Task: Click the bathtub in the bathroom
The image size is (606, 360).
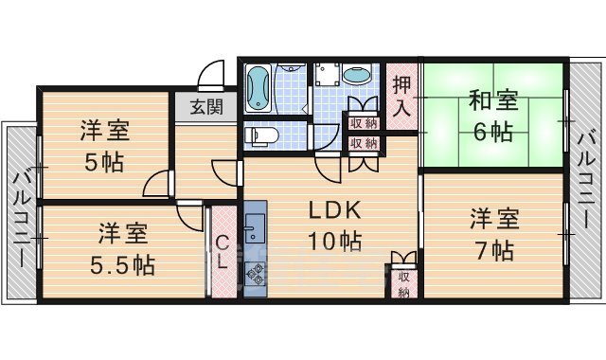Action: click(258, 89)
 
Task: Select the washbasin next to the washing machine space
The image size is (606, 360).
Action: click(357, 76)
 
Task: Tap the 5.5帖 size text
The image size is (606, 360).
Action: click(124, 261)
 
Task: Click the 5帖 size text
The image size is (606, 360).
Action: click(104, 162)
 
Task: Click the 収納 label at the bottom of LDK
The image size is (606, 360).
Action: click(403, 284)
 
